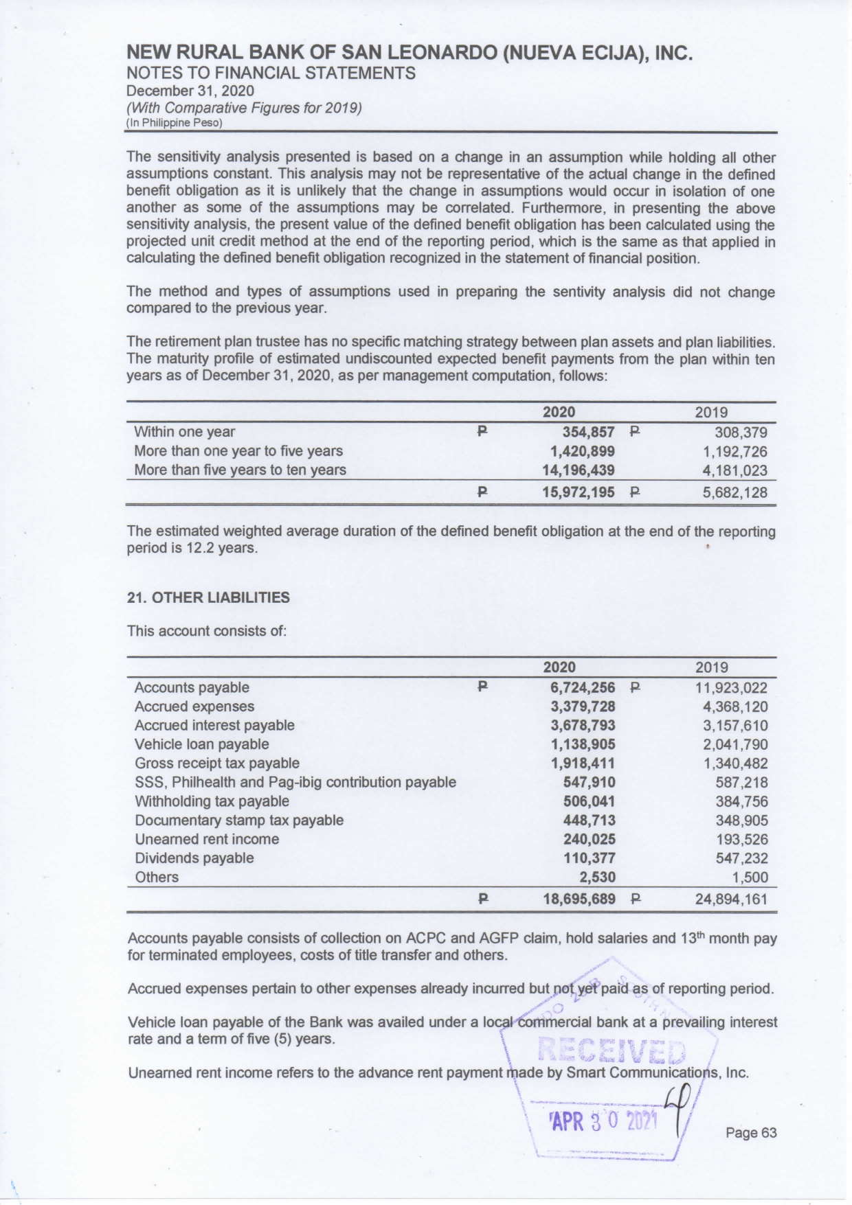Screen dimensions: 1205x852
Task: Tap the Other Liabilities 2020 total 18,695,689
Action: click(579, 899)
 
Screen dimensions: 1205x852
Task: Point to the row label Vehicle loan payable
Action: click(202, 744)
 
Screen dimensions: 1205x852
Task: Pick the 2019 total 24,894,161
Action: click(731, 899)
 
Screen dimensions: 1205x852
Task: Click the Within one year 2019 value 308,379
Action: click(741, 433)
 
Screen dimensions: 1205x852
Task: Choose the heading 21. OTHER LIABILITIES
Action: click(209, 597)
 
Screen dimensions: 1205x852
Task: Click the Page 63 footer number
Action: click(751, 1133)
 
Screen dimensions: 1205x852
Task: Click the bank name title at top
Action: click(410, 54)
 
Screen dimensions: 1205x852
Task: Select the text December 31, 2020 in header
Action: click(190, 91)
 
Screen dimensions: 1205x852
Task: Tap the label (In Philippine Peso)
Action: click(175, 123)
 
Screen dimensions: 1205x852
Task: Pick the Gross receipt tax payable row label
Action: click(217, 764)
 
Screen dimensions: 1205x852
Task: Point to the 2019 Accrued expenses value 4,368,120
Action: click(735, 707)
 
